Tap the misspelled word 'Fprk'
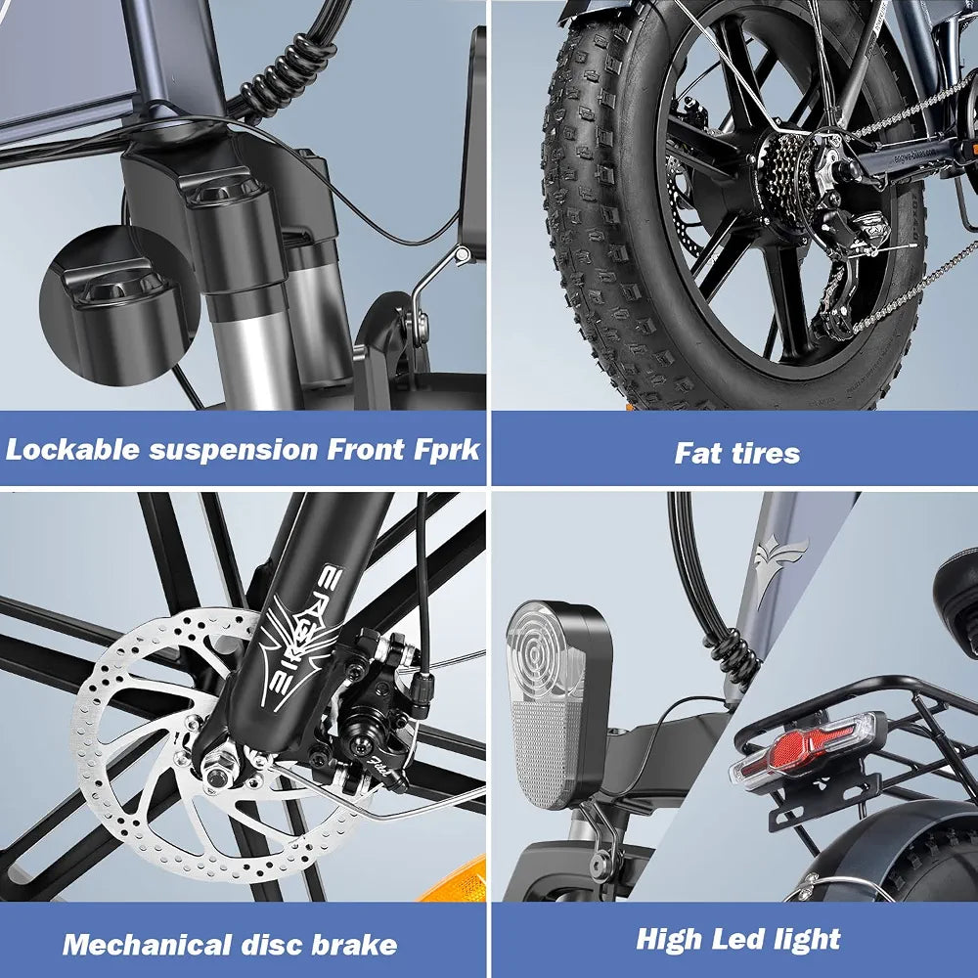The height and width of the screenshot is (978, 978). (447, 449)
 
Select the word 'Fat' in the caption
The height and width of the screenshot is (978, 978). (698, 453)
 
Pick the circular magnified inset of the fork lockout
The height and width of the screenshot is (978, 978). (119, 305)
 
